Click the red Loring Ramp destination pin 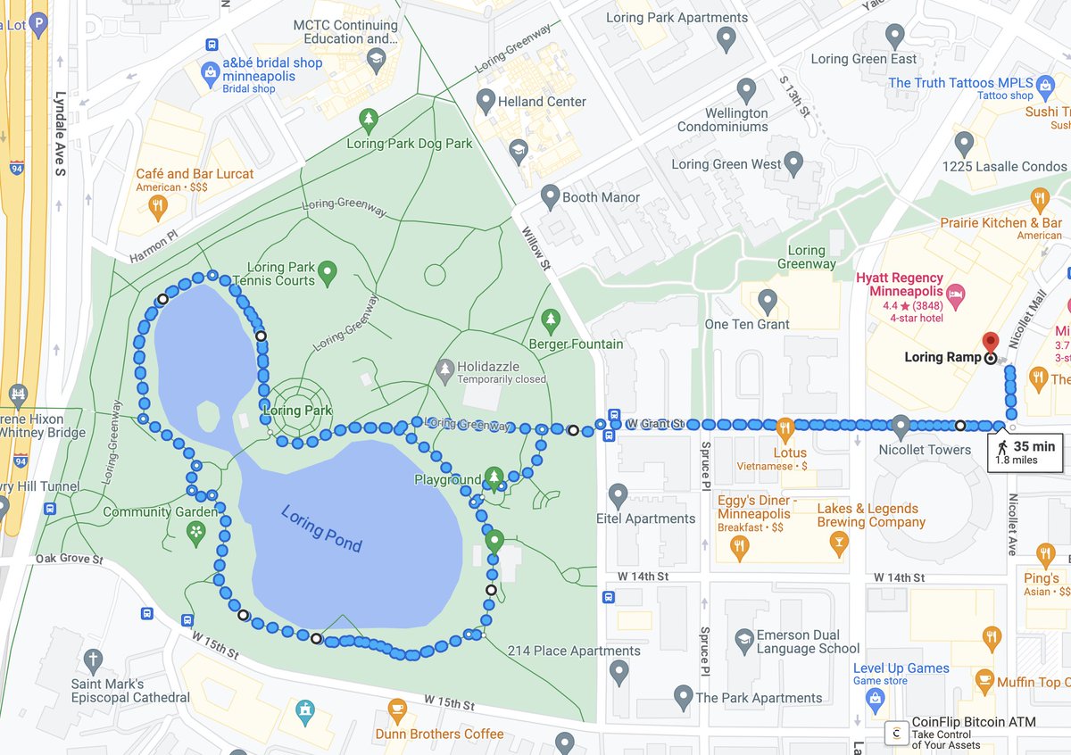[x=989, y=343]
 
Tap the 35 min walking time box [x=1025, y=452]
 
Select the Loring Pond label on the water [x=320, y=528]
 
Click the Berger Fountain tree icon [x=550, y=319]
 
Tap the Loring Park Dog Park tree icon [x=368, y=119]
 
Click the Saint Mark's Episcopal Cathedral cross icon [x=94, y=660]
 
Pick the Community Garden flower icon [x=195, y=532]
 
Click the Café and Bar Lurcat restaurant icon [x=157, y=206]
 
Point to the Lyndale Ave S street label [x=61, y=133]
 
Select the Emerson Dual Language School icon [x=743, y=638]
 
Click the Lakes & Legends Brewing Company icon [x=838, y=543]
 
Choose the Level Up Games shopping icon [x=876, y=696]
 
